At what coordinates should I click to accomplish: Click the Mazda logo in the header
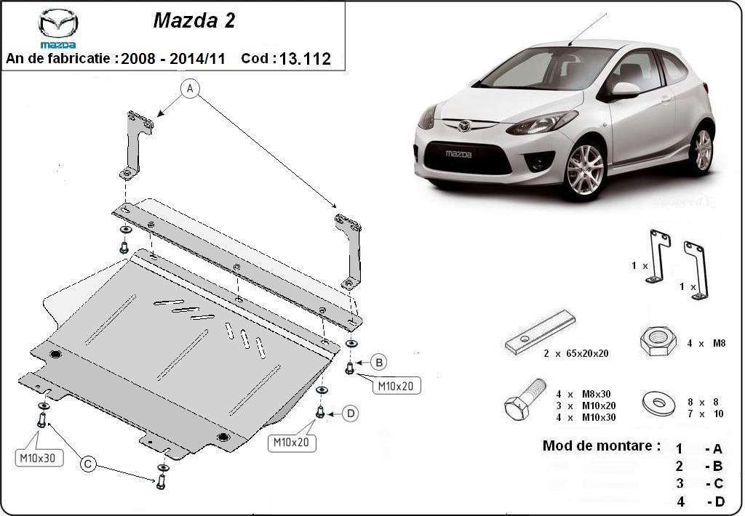pyautogui.click(x=58, y=28)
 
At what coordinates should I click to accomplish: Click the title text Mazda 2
pyautogui.click(x=194, y=21)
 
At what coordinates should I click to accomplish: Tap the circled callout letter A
pyautogui.click(x=190, y=89)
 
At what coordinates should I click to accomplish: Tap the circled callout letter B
pyautogui.click(x=378, y=361)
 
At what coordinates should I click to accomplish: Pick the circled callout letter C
pyautogui.click(x=89, y=463)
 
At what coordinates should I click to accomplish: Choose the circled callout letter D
pyautogui.click(x=350, y=414)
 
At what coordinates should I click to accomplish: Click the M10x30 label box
pyautogui.click(x=40, y=458)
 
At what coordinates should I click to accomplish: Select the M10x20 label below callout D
pyautogui.click(x=291, y=441)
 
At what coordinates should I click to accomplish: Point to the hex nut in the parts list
pyautogui.click(x=658, y=341)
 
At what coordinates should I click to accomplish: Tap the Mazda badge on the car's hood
pyautogui.click(x=464, y=126)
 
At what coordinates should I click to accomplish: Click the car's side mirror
pyautogui.click(x=624, y=89)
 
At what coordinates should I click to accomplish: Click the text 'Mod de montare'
pyautogui.click(x=602, y=446)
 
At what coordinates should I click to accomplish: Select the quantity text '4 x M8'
pyautogui.click(x=706, y=343)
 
